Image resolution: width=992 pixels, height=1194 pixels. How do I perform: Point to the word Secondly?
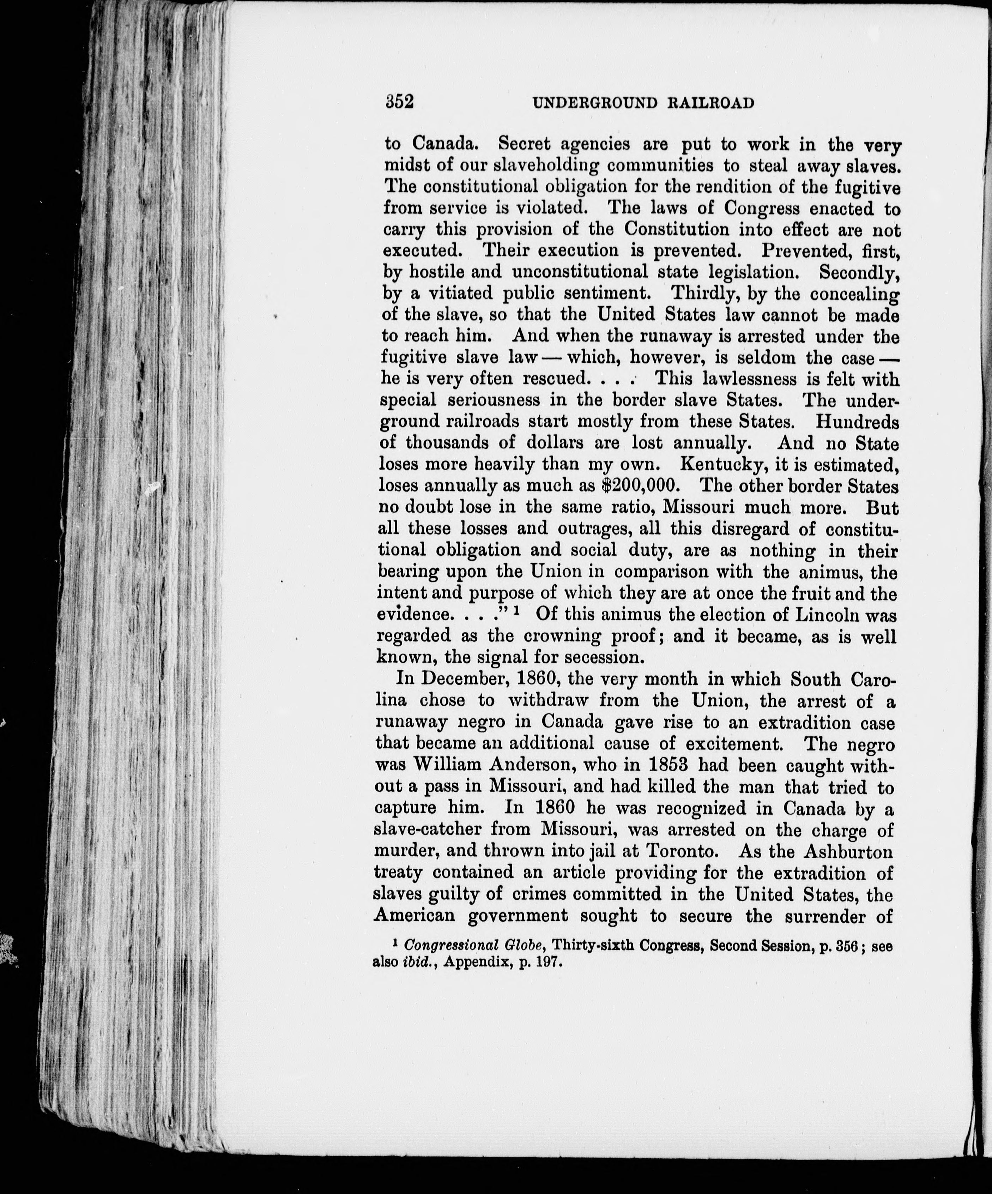coord(858,272)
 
